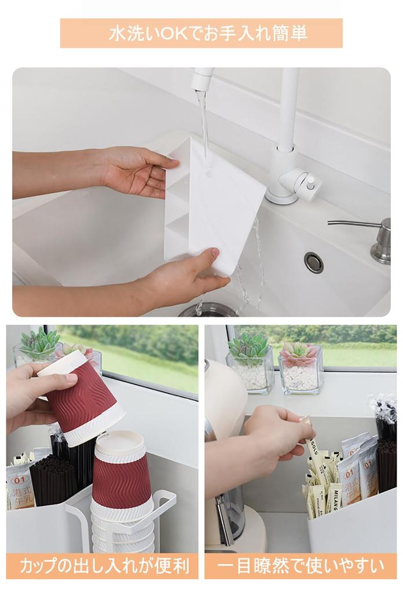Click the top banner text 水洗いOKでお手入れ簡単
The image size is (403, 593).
click(x=201, y=33)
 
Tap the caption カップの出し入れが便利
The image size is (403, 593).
click(x=102, y=566)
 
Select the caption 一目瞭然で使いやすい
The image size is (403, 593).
click(x=301, y=566)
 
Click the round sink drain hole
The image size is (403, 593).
click(x=314, y=262)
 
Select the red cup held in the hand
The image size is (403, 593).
click(x=87, y=400)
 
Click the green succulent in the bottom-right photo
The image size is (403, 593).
click(x=249, y=347)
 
